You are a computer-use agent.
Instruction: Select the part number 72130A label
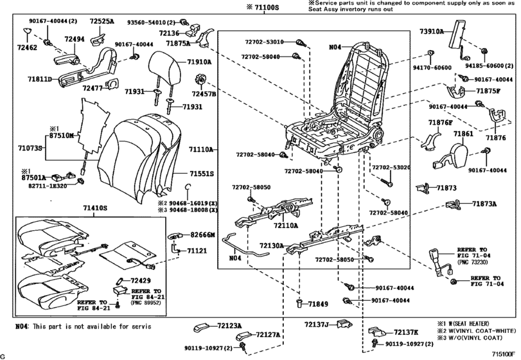click(x=272, y=246)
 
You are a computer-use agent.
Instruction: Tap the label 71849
click(x=318, y=303)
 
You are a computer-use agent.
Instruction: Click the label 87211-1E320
click(x=44, y=184)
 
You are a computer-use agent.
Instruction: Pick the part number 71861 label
click(x=464, y=134)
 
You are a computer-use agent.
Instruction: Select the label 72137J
click(x=317, y=324)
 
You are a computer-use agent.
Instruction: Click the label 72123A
click(x=229, y=326)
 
